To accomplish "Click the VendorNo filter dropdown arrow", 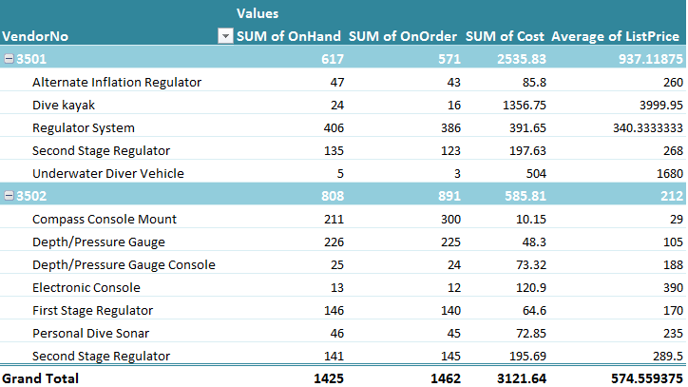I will coord(225,36).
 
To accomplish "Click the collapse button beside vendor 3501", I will coord(9,59).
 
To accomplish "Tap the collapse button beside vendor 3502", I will coord(9,196).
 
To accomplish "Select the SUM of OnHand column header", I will coord(289,36).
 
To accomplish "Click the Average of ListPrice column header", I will coord(616,36).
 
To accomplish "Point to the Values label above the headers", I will coord(258,13).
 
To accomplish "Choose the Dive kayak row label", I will coord(63,105).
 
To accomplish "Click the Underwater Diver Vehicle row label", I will coord(107,173).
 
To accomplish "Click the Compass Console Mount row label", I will coord(105,219).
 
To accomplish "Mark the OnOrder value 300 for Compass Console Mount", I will coord(449,219).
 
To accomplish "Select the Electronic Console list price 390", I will coord(672,287).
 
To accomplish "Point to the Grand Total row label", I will coord(41,377).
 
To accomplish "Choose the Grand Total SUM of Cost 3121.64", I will coord(520,377).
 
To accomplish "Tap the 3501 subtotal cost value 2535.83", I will coord(520,59).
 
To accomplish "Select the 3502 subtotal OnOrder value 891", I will coord(447,196).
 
